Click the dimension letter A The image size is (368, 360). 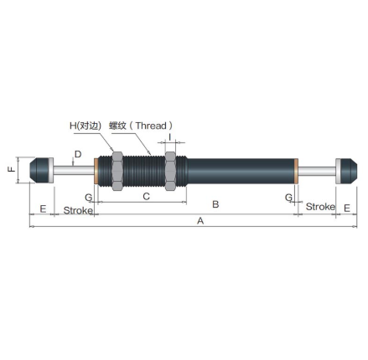(x=200, y=221)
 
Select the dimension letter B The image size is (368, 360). (x=215, y=204)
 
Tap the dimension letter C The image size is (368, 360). (x=146, y=197)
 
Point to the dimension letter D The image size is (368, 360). (x=78, y=154)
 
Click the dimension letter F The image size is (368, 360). (x=12, y=169)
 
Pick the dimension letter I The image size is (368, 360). (x=169, y=137)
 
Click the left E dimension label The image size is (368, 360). (x=43, y=208)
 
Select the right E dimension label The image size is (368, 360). (x=347, y=208)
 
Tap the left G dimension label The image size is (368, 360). (x=88, y=198)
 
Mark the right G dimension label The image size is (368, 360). (x=288, y=198)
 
